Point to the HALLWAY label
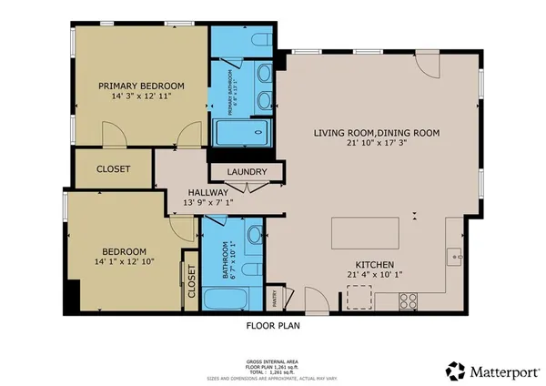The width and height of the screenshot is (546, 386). tap(207, 192)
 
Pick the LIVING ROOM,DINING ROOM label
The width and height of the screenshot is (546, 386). tap(377, 133)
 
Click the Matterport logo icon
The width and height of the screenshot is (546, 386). tap(453, 370)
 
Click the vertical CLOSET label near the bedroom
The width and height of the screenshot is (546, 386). tap(191, 281)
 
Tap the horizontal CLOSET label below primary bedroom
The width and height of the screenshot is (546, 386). tap(113, 169)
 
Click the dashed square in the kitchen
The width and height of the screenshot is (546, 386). tap(359, 298)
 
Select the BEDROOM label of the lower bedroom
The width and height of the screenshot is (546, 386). tap(123, 251)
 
